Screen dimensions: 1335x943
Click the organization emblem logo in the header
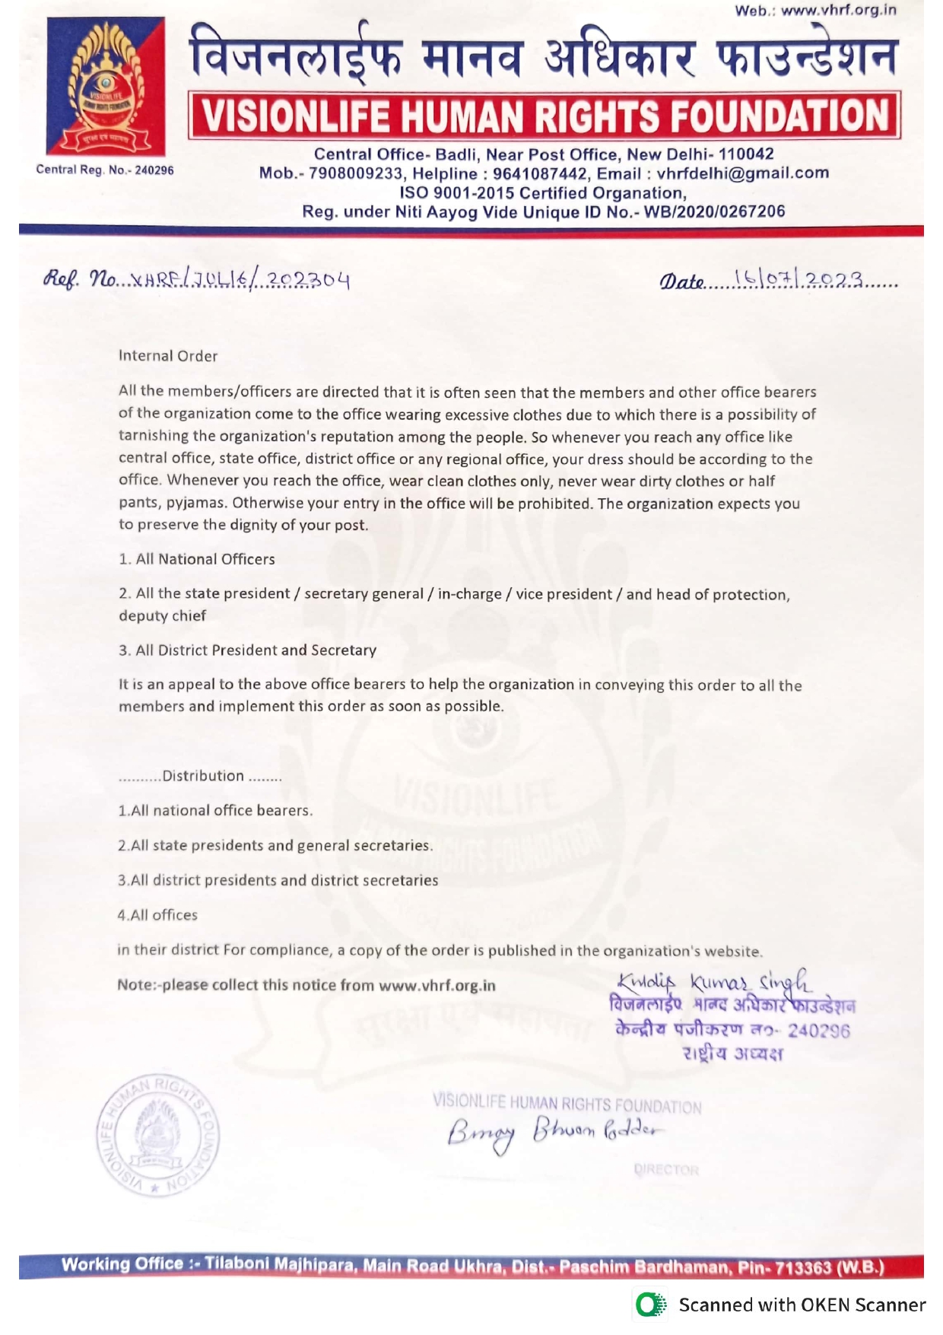pyautogui.click(x=106, y=86)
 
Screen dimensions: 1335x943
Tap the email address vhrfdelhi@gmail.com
pyautogui.click(x=742, y=173)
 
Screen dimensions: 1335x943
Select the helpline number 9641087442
pyautogui.click(x=539, y=173)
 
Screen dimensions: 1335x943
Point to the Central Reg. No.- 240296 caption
pyautogui.click(x=105, y=170)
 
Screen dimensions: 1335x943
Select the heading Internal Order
pyautogui.click(x=168, y=356)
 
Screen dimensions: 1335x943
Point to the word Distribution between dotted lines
pyautogui.click(x=203, y=776)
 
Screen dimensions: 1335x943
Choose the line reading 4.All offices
pyautogui.click(x=157, y=915)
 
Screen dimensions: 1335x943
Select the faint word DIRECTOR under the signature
pyautogui.click(x=665, y=1169)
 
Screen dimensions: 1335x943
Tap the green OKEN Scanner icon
pyautogui.click(x=650, y=1305)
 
